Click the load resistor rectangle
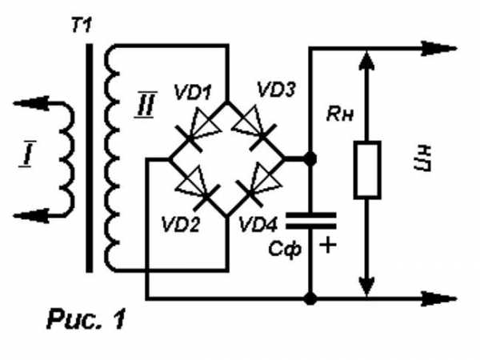pos(365,170)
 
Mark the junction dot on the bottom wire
pos(311,300)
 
